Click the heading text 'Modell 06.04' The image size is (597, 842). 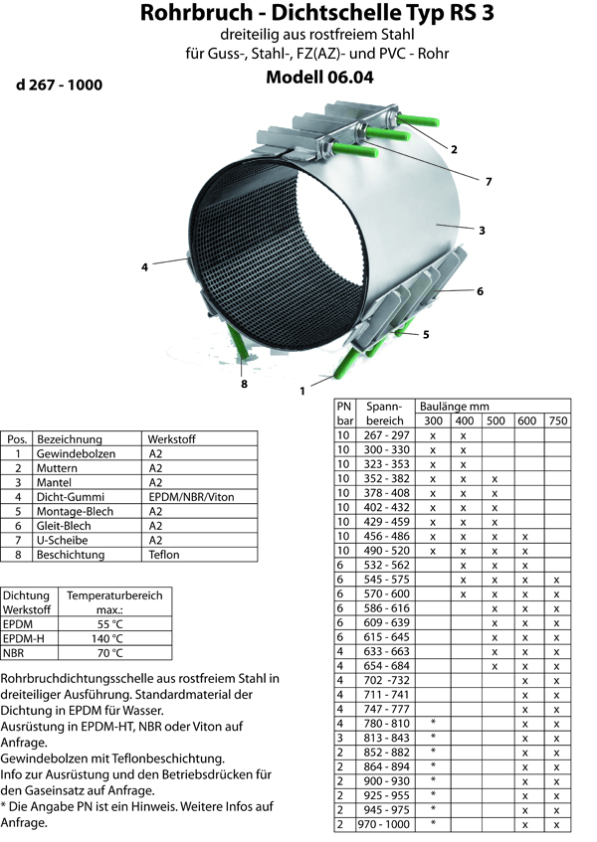(319, 78)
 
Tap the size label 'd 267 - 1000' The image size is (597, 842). (59, 84)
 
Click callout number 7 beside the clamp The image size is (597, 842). (489, 182)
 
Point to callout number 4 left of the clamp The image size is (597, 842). (144, 266)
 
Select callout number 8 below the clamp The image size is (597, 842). (244, 384)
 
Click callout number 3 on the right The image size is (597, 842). (482, 231)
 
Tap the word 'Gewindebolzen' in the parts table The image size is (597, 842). (76, 453)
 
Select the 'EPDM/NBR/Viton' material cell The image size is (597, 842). (191, 497)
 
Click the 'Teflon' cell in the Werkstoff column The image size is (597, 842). (164, 555)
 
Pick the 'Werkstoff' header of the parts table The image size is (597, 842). (171, 439)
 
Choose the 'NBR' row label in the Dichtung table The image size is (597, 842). (14, 653)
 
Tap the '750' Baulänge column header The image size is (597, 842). (558, 421)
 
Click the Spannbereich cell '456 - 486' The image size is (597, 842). (386, 536)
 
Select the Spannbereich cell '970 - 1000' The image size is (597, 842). (384, 824)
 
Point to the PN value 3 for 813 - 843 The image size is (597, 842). (340, 738)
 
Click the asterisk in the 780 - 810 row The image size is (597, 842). (433, 723)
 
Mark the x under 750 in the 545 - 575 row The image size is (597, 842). (556, 580)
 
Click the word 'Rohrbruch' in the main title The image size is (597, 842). (196, 12)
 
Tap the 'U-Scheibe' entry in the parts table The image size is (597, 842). (62, 540)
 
